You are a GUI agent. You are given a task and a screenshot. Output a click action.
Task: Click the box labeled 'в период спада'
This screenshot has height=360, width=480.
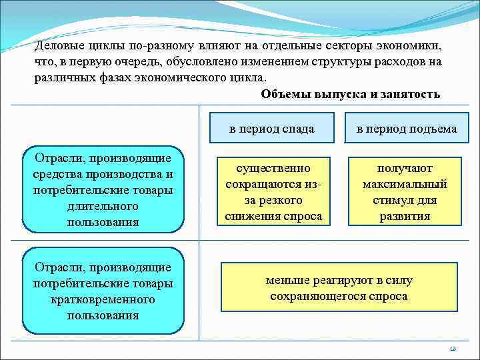click(x=271, y=129)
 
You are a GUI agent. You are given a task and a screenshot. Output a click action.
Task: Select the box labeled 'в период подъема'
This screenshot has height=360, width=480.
click(x=406, y=129)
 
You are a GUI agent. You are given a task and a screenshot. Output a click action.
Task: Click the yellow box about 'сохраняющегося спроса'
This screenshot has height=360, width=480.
click(x=339, y=288)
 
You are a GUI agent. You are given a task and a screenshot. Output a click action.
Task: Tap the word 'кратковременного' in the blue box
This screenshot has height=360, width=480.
click(x=103, y=299)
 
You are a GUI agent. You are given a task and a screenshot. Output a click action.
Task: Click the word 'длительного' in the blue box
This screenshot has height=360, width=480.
click(x=103, y=205)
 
